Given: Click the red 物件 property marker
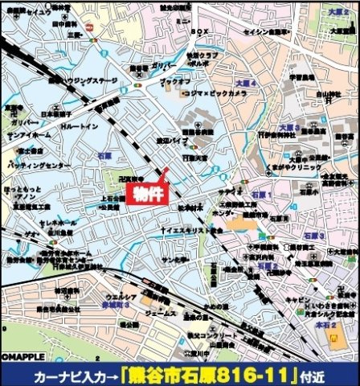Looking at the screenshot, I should pos(145,195).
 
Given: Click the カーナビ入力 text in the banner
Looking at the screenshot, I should pos(76,376).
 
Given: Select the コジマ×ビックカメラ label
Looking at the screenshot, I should pos(202,94).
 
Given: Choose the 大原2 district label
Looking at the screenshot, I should pos(337,14).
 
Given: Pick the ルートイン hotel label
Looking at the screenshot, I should pos(79,127).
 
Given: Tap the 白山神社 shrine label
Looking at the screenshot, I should pos(322,95).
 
